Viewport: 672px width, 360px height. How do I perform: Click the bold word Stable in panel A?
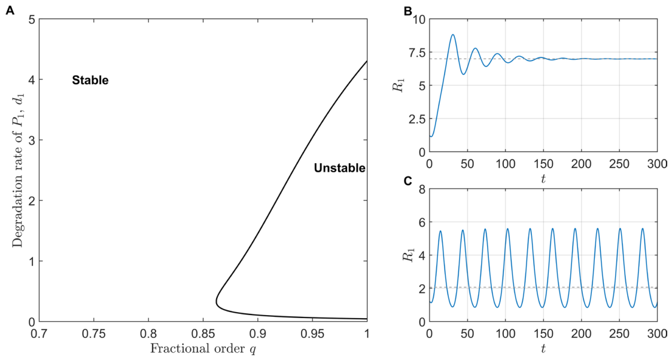pos(90,80)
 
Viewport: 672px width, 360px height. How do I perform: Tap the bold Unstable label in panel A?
pos(339,168)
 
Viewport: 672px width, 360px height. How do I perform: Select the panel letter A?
pos(10,11)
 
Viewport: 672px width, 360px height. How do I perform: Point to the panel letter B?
pos(408,11)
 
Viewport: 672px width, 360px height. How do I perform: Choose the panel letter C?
pos(408,181)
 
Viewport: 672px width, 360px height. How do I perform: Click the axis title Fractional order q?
pos(203,349)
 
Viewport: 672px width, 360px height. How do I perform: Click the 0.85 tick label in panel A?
pos(203,332)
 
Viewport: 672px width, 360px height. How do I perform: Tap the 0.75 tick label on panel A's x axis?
pos(93,332)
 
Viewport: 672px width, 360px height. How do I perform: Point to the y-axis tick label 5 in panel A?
pos(31,19)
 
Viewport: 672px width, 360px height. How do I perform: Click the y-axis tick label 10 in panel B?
pos(419,20)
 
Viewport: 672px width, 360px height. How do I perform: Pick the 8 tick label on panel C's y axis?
pos(422,189)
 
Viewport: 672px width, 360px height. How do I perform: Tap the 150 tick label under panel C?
pos(543,334)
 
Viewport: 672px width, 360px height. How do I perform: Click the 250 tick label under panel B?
pos(619,164)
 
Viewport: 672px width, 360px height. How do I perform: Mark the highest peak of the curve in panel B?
pos(452,35)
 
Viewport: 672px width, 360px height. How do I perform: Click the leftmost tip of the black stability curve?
pos(217,303)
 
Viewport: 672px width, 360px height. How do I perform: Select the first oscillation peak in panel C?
pos(440,231)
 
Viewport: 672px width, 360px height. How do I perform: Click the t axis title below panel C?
pos(543,349)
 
